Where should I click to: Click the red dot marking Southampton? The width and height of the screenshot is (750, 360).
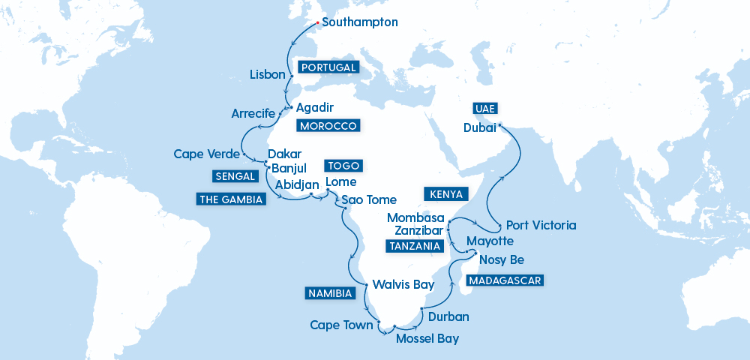(x=316, y=22)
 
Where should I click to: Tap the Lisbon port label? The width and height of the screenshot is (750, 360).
(x=267, y=75)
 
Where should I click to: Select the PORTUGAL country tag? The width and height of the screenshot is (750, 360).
(x=328, y=67)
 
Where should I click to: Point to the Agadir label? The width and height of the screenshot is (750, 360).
(x=310, y=107)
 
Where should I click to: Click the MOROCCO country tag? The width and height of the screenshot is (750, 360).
(x=328, y=125)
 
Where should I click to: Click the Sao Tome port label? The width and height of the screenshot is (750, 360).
(x=368, y=200)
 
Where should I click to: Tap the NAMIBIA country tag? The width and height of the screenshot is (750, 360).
(x=329, y=293)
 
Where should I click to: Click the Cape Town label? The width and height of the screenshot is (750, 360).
(x=341, y=325)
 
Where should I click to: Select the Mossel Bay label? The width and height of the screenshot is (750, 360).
(x=427, y=338)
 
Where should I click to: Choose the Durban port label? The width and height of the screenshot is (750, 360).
(x=448, y=316)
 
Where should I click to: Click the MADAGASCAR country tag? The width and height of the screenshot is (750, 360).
(x=503, y=280)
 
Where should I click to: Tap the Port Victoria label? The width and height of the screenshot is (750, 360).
(x=541, y=225)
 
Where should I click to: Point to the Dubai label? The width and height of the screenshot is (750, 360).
(x=480, y=128)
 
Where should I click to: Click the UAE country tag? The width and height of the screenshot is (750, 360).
(x=484, y=108)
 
